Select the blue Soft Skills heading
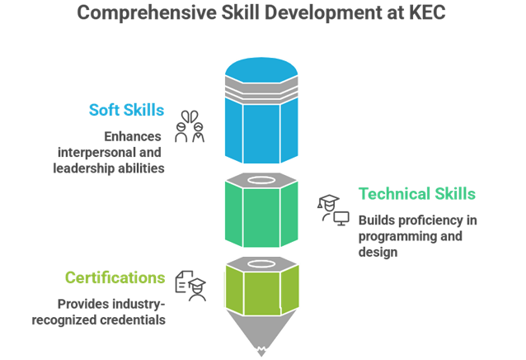(x=127, y=109)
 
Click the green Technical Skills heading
(x=416, y=194)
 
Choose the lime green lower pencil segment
(x=259, y=293)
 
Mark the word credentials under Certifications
(x=133, y=320)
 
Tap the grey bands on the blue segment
(x=259, y=87)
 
